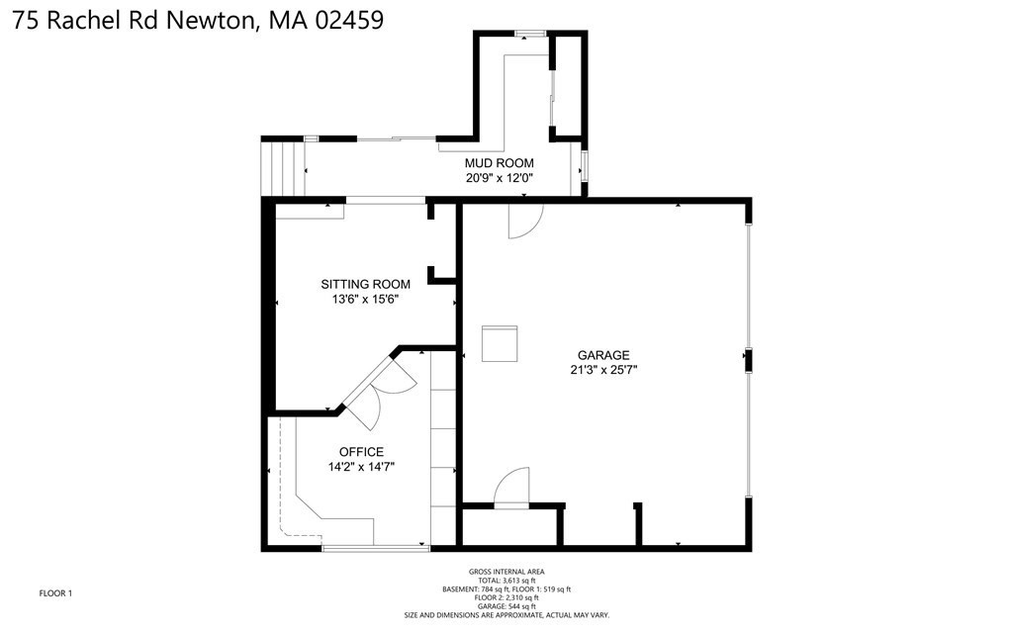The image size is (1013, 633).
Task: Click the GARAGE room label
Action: point(603,355)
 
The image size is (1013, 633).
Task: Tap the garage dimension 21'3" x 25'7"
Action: point(603,371)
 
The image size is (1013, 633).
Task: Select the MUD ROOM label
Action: point(500,163)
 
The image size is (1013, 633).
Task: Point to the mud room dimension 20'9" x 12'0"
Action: point(500,179)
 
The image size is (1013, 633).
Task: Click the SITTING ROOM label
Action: point(365,284)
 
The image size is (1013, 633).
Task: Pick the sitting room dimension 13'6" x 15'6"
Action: point(365,300)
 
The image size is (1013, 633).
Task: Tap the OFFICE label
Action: point(361,452)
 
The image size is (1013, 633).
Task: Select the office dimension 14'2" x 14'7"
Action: point(361,468)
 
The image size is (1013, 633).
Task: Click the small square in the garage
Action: point(500,344)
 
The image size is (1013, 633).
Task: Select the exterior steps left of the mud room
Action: point(281,166)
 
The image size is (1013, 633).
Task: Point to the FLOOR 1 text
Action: point(55,593)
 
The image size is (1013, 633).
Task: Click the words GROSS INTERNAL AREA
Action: point(506,572)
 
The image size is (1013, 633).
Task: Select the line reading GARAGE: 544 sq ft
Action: point(506,606)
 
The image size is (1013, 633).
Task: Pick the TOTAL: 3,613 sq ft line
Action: point(506,581)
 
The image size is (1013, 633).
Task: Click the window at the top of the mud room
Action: point(530,35)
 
